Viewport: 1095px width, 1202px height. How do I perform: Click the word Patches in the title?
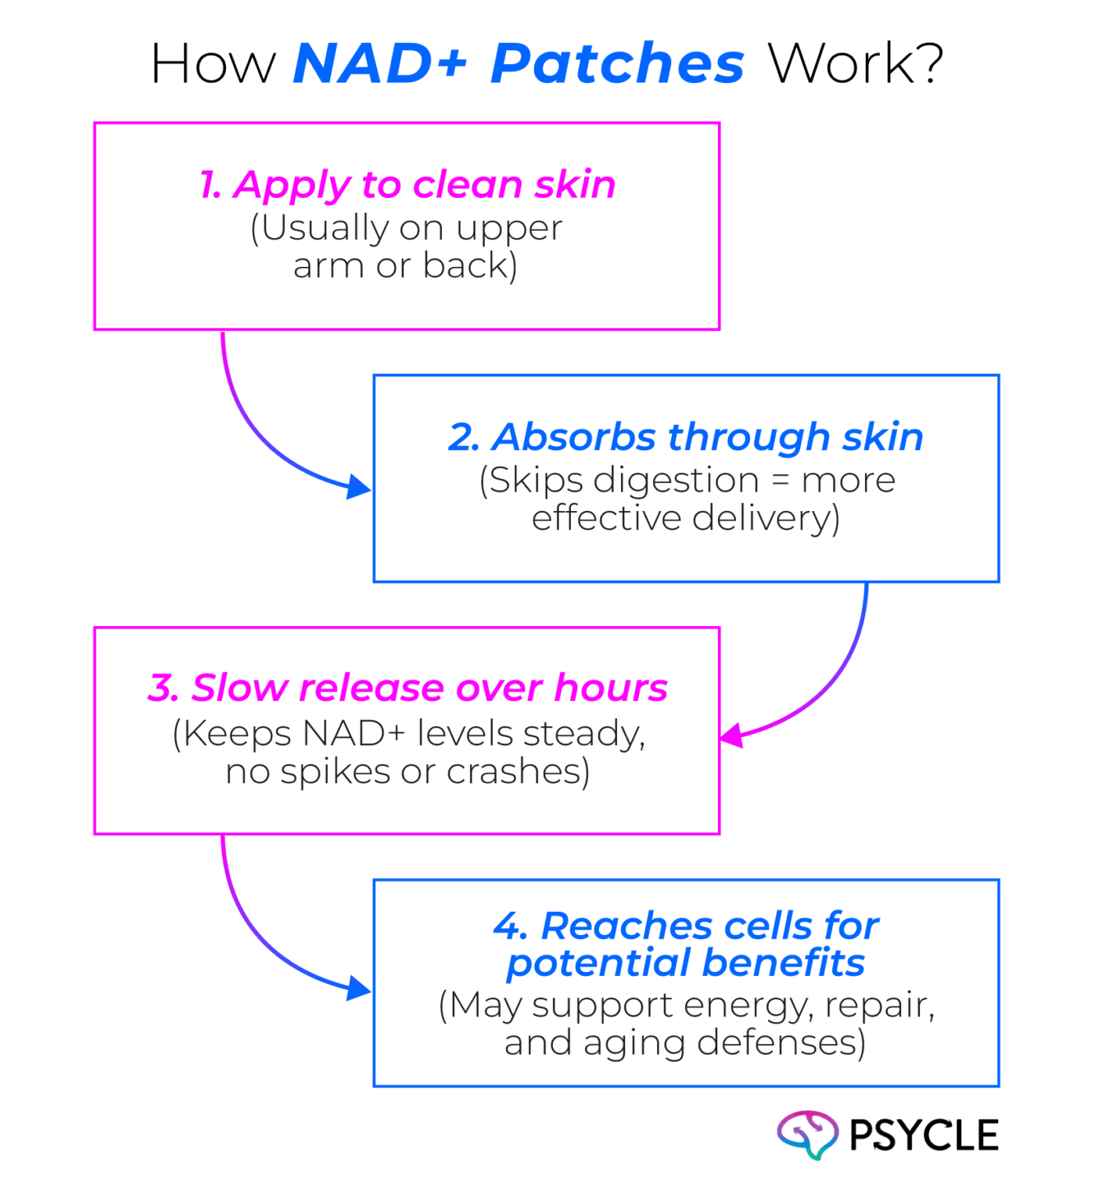pos(617,64)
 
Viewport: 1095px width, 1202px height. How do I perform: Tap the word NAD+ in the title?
pos(379,64)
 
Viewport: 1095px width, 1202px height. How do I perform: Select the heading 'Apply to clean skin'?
pos(407,185)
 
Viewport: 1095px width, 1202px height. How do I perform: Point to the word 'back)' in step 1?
pos(471,266)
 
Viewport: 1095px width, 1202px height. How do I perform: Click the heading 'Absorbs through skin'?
pos(686,437)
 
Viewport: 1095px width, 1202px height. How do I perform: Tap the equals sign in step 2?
pos(779,480)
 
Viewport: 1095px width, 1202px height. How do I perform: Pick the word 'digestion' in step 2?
pos(675,480)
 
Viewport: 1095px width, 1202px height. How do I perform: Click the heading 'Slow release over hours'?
pos(407,689)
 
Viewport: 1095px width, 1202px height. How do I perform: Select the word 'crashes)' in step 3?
pos(519,772)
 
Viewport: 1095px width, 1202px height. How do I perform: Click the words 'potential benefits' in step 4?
pos(686,963)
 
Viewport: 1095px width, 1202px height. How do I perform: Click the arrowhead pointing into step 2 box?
pos(359,488)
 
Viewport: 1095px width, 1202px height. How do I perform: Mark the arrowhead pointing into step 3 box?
pos(732,736)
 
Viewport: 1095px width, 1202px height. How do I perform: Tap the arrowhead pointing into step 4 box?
pos(359,988)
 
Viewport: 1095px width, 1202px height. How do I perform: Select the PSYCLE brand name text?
pos(924,1135)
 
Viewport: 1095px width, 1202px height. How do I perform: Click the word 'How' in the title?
pos(213,64)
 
